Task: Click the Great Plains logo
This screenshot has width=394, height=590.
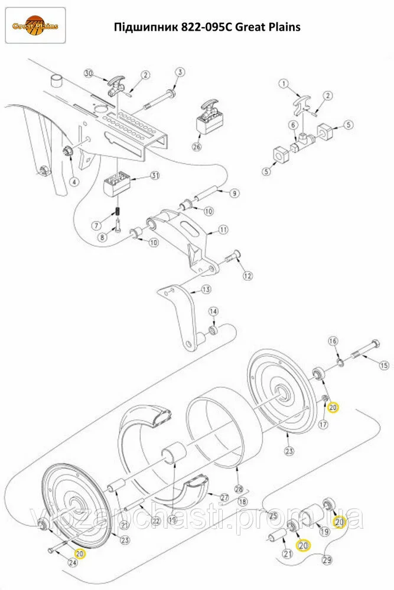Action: [x=35, y=25]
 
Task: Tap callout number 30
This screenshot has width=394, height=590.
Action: [x=89, y=73]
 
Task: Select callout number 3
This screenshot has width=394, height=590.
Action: [x=180, y=72]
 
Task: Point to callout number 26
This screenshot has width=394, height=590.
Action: [x=197, y=146]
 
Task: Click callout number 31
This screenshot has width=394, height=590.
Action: [x=155, y=175]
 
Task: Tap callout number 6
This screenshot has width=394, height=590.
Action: [x=293, y=125]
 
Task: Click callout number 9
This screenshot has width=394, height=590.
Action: [x=235, y=194]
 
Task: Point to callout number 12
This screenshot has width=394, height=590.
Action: [x=248, y=276]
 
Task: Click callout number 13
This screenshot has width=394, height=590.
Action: [x=206, y=290]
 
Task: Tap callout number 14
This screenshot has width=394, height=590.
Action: [x=214, y=312]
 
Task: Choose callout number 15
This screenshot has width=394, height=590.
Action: [x=384, y=365]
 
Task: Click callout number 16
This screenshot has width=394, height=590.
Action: [x=333, y=341]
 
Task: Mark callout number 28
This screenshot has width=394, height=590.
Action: [x=239, y=489]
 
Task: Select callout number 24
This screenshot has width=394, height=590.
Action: [x=72, y=562]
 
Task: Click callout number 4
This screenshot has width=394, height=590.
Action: [x=74, y=182]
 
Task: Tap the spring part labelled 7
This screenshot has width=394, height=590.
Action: [x=118, y=213]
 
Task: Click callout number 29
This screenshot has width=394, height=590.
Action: [x=327, y=560]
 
